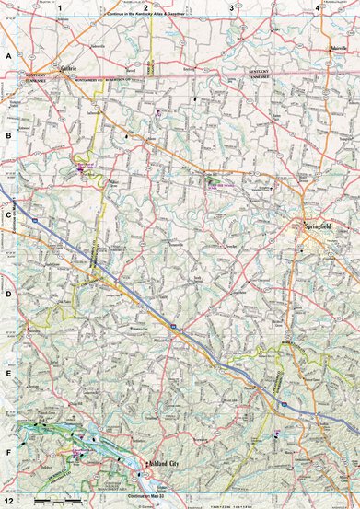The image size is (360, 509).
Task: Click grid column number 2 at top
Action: tap(145, 7)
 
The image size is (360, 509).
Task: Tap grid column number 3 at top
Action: tap(230, 7)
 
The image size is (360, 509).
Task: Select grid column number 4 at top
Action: tap(317, 7)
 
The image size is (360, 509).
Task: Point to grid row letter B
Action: tap(7, 135)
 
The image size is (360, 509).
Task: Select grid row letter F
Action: tap(7, 453)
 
